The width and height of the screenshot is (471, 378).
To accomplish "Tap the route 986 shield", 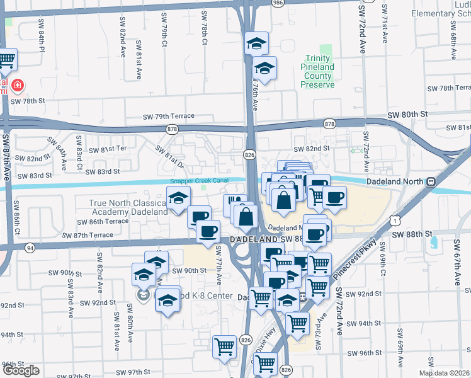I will click(278, 3).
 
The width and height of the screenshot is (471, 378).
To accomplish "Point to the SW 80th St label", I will click(407, 114).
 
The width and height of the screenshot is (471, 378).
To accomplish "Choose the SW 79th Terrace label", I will click(168, 117).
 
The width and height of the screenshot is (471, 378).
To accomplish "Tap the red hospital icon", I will click(18, 84).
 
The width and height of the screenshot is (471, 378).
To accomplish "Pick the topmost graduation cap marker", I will click(256, 43).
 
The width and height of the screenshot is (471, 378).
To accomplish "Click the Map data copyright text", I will click(444, 373).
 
